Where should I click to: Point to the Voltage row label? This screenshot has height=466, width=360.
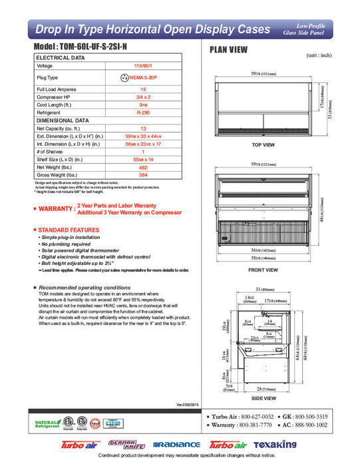pyautogui.click(x=45, y=66)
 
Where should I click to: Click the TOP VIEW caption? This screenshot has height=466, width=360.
pyautogui.click(x=263, y=144)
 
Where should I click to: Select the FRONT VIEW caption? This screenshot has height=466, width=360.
pyautogui.click(x=263, y=270)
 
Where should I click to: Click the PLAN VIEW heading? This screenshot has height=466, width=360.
pyautogui.click(x=230, y=50)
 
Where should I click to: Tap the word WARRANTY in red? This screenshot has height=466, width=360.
pyautogui.click(x=55, y=210)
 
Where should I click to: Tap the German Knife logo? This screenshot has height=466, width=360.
pyautogui.click(x=123, y=444)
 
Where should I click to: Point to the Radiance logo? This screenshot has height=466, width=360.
pyautogui.click(x=176, y=444)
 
